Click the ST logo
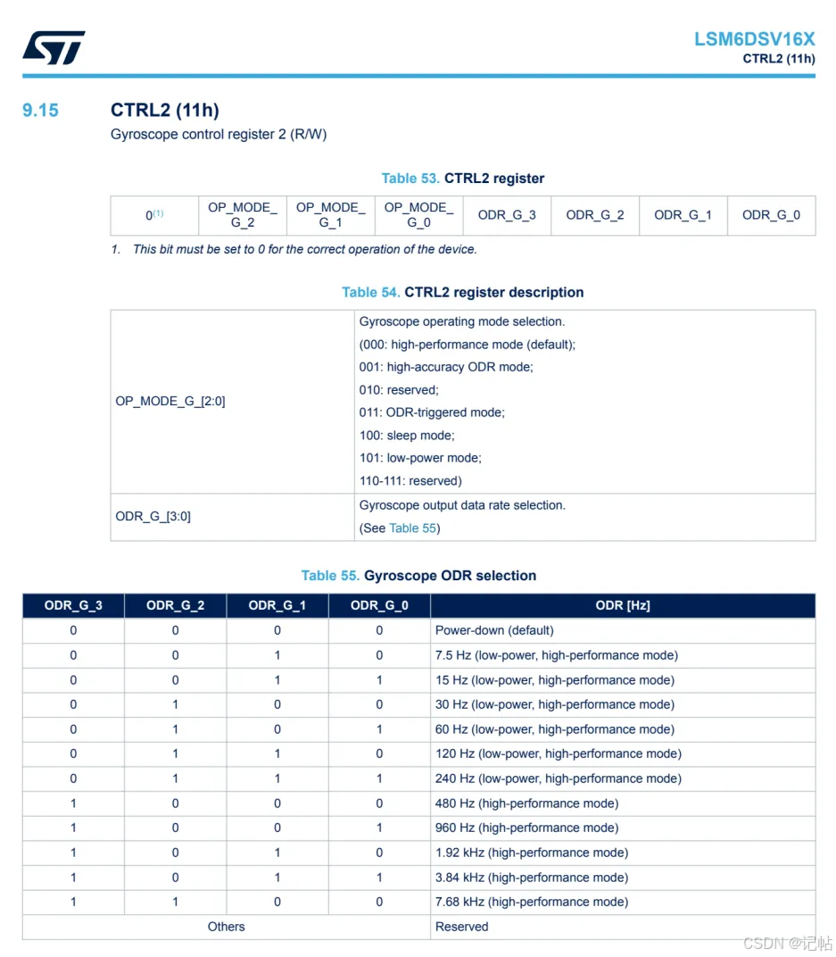[54, 47]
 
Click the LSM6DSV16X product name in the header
[754, 39]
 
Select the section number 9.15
[40, 110]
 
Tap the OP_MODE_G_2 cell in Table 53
[243, 215]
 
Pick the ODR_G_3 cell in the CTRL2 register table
[507, 215]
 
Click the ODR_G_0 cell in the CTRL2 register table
[771, 215]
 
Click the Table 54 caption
[462, 292]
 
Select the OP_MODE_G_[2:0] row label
[170, 402]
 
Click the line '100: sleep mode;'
[407, 436]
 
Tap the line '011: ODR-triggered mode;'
[432, 412]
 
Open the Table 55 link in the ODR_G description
[412, 528]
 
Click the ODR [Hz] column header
[622, 605]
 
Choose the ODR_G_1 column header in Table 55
[277, 605]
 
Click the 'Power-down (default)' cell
[494, 630]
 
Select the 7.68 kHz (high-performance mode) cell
[532, 902]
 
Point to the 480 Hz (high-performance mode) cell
[526, 803]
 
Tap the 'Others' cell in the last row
[226, 927]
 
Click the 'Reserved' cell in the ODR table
[461, 927]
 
